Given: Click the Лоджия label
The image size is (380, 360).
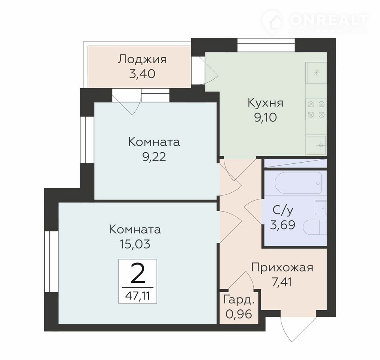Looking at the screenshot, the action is [142, 59].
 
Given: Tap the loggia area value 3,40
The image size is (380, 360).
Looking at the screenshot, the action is [142, 74].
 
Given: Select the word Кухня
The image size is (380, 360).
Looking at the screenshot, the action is [265, 103].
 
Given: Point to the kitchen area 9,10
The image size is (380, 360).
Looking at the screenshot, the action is [265, 117].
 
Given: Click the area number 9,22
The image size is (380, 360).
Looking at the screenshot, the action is [154, 157].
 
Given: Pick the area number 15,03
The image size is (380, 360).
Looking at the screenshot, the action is [135, 244].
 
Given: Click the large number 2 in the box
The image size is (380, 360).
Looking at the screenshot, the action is [138, 273].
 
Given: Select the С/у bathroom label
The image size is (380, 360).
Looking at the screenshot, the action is [283, 210].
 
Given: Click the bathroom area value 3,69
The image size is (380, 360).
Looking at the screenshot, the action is [283, 225].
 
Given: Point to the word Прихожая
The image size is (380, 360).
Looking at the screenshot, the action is [282, 268].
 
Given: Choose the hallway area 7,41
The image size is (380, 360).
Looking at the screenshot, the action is [282, 282].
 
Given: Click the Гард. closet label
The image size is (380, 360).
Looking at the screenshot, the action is [239, 300].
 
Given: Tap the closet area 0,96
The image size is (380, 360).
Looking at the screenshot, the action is [239, 314].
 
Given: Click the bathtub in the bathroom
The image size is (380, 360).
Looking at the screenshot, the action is [298, 183].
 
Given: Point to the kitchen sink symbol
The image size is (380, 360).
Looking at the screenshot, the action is [317, 145].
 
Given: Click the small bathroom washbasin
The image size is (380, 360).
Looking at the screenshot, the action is [321, 208].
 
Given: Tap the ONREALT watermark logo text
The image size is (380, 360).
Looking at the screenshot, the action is [329, 20].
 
